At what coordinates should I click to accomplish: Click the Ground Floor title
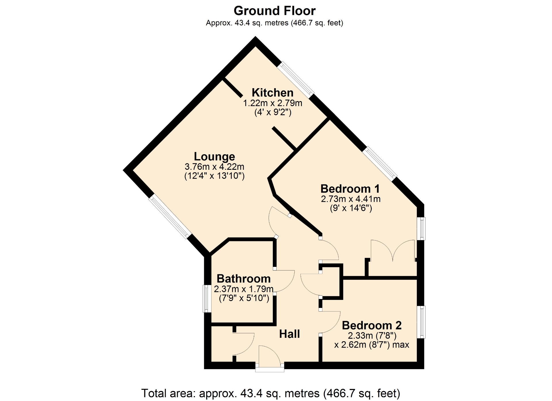[275, 11]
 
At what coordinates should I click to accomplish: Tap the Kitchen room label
[273, 93]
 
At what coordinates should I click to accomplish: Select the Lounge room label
[214, 157]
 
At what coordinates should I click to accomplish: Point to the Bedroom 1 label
[350, 189]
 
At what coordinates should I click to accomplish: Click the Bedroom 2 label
[372, 325]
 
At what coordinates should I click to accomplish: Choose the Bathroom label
[244, 279]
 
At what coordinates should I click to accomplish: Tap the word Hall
[290, 334]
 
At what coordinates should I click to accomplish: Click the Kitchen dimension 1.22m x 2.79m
[273, 103]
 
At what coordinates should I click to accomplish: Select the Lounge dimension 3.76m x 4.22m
[214, 167]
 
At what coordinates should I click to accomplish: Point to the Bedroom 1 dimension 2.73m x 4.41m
[351, 199]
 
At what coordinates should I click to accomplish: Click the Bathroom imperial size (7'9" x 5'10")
[244, 298]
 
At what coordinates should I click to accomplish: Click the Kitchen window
[296, 80]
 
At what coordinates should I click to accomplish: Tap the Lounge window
[170, 216]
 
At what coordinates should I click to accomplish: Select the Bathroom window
[207, 298]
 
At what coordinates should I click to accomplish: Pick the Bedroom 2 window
[421, 322]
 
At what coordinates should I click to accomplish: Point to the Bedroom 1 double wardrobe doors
[393, 250]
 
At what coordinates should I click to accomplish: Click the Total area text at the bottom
[271, 393]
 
